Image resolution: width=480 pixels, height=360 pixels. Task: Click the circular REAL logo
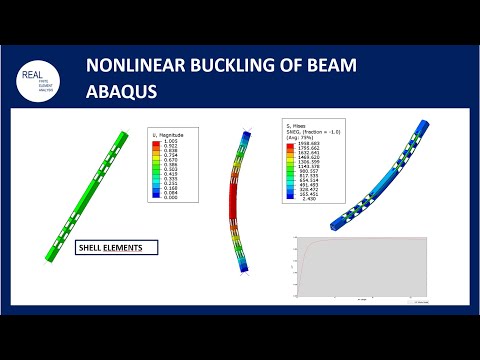click(41, 79)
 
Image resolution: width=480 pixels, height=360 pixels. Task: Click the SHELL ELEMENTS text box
click(116, 245)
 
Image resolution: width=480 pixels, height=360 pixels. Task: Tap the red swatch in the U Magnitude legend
click(158, 141)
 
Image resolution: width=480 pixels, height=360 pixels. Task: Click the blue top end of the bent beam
click(245, 132)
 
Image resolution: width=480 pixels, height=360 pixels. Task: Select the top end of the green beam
click(121, 135)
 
